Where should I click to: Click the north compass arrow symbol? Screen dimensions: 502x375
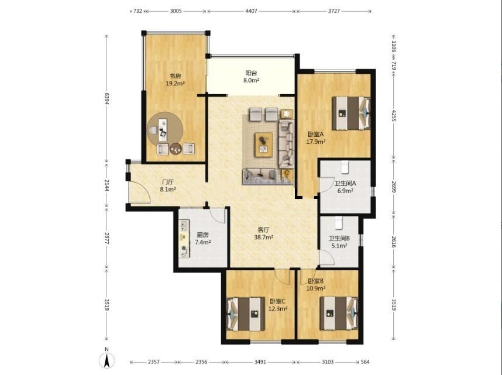click(x=106, y=360)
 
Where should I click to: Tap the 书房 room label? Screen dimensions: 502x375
click(x=175, y=76)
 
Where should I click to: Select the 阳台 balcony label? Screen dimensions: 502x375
click(x=252, y=73)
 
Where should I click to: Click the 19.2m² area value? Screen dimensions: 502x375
click(x=175, y=84)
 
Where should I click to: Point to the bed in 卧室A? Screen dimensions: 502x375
click(x=351, y=113)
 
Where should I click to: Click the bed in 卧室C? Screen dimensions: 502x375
click(x=246, y=314)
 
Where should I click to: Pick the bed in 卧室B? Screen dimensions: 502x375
click(x=339, y=313)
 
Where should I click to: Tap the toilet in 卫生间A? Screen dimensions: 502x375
click(x=345, y=166)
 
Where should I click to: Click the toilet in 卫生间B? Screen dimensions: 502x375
click(x=339, y=223)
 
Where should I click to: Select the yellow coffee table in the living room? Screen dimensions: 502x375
click(x=263, y=145)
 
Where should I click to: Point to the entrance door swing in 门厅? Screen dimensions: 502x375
click(x=140, y=192)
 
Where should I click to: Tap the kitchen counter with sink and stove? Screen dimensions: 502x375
click(x=184, y=239)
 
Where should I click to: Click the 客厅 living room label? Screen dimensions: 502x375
click(x=263, y=229)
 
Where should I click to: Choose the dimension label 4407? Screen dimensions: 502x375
click(x=251, y=11)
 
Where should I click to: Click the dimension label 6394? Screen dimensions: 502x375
click(x=107, y=99)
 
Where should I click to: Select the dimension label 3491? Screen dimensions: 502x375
click(x=260, y=362)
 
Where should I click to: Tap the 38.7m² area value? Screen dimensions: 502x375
click(x=263, y=238)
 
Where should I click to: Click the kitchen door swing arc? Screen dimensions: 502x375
click(x=219, y=216)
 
